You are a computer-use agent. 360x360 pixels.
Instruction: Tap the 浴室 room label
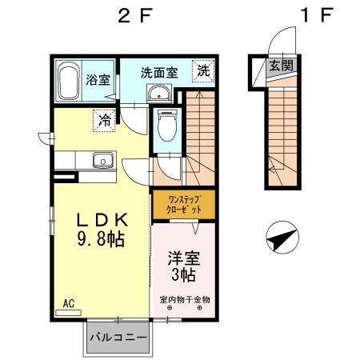(99, 80)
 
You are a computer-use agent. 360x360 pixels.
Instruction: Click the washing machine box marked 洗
(204, 71)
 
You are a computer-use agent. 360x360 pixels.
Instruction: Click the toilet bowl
(167, 126)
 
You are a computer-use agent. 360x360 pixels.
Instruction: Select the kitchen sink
(102, 161)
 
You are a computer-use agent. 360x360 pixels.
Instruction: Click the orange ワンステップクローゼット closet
(175, 203)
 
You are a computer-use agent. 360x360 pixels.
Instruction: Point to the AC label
(68, 303)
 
